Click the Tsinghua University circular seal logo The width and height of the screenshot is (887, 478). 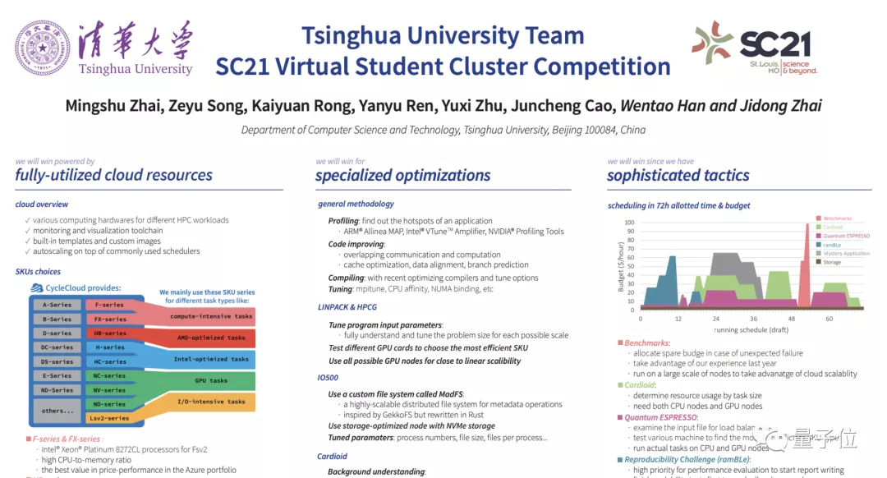(41, 48)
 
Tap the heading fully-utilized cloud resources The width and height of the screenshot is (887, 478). (113, 175)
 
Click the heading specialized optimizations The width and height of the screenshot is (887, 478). (402, 175)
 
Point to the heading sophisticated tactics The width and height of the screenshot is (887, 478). (678, 175)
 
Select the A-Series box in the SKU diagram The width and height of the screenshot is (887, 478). (57, 305)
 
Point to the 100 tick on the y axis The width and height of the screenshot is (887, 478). (630, 222)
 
